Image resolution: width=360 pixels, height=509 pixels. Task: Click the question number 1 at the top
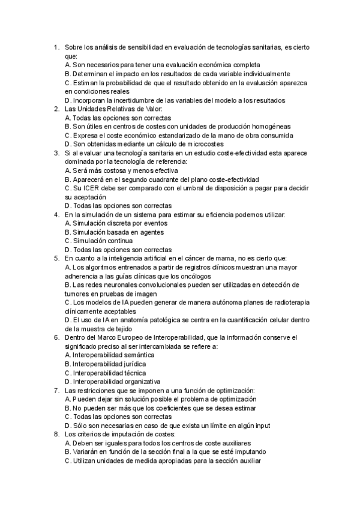coord(55,47)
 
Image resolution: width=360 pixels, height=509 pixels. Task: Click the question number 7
coord(55,390)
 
